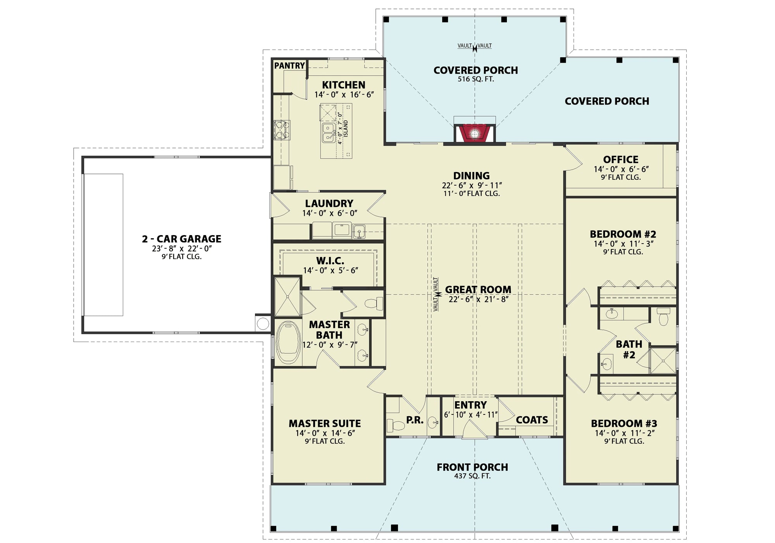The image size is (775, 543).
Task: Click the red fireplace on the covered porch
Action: (474, 134)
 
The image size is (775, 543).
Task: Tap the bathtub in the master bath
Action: (289, 342)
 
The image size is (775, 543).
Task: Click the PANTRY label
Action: (289, 66)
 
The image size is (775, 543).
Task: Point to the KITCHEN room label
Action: (344, 85)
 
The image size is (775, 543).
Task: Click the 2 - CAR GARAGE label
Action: (182, 239)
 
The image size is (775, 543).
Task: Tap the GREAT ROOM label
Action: (478, 289)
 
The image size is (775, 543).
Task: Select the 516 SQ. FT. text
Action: (475, 79)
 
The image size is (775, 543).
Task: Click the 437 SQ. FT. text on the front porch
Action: (472, 476)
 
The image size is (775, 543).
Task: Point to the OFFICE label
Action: (621, 160)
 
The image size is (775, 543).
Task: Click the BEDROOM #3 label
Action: (624, 423)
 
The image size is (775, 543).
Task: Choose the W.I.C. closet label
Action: (330, 261)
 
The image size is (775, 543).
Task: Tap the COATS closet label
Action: (532, 420)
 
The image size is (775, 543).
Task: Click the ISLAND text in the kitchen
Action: (346, 128)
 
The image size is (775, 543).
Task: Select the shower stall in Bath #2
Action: (663, 361)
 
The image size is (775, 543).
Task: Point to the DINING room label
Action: (472, 176)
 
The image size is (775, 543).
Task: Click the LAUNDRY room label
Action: (329, 203)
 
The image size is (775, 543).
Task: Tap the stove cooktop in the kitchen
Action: (282, 130)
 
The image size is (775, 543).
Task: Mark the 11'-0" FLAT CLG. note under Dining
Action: (472, 193)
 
